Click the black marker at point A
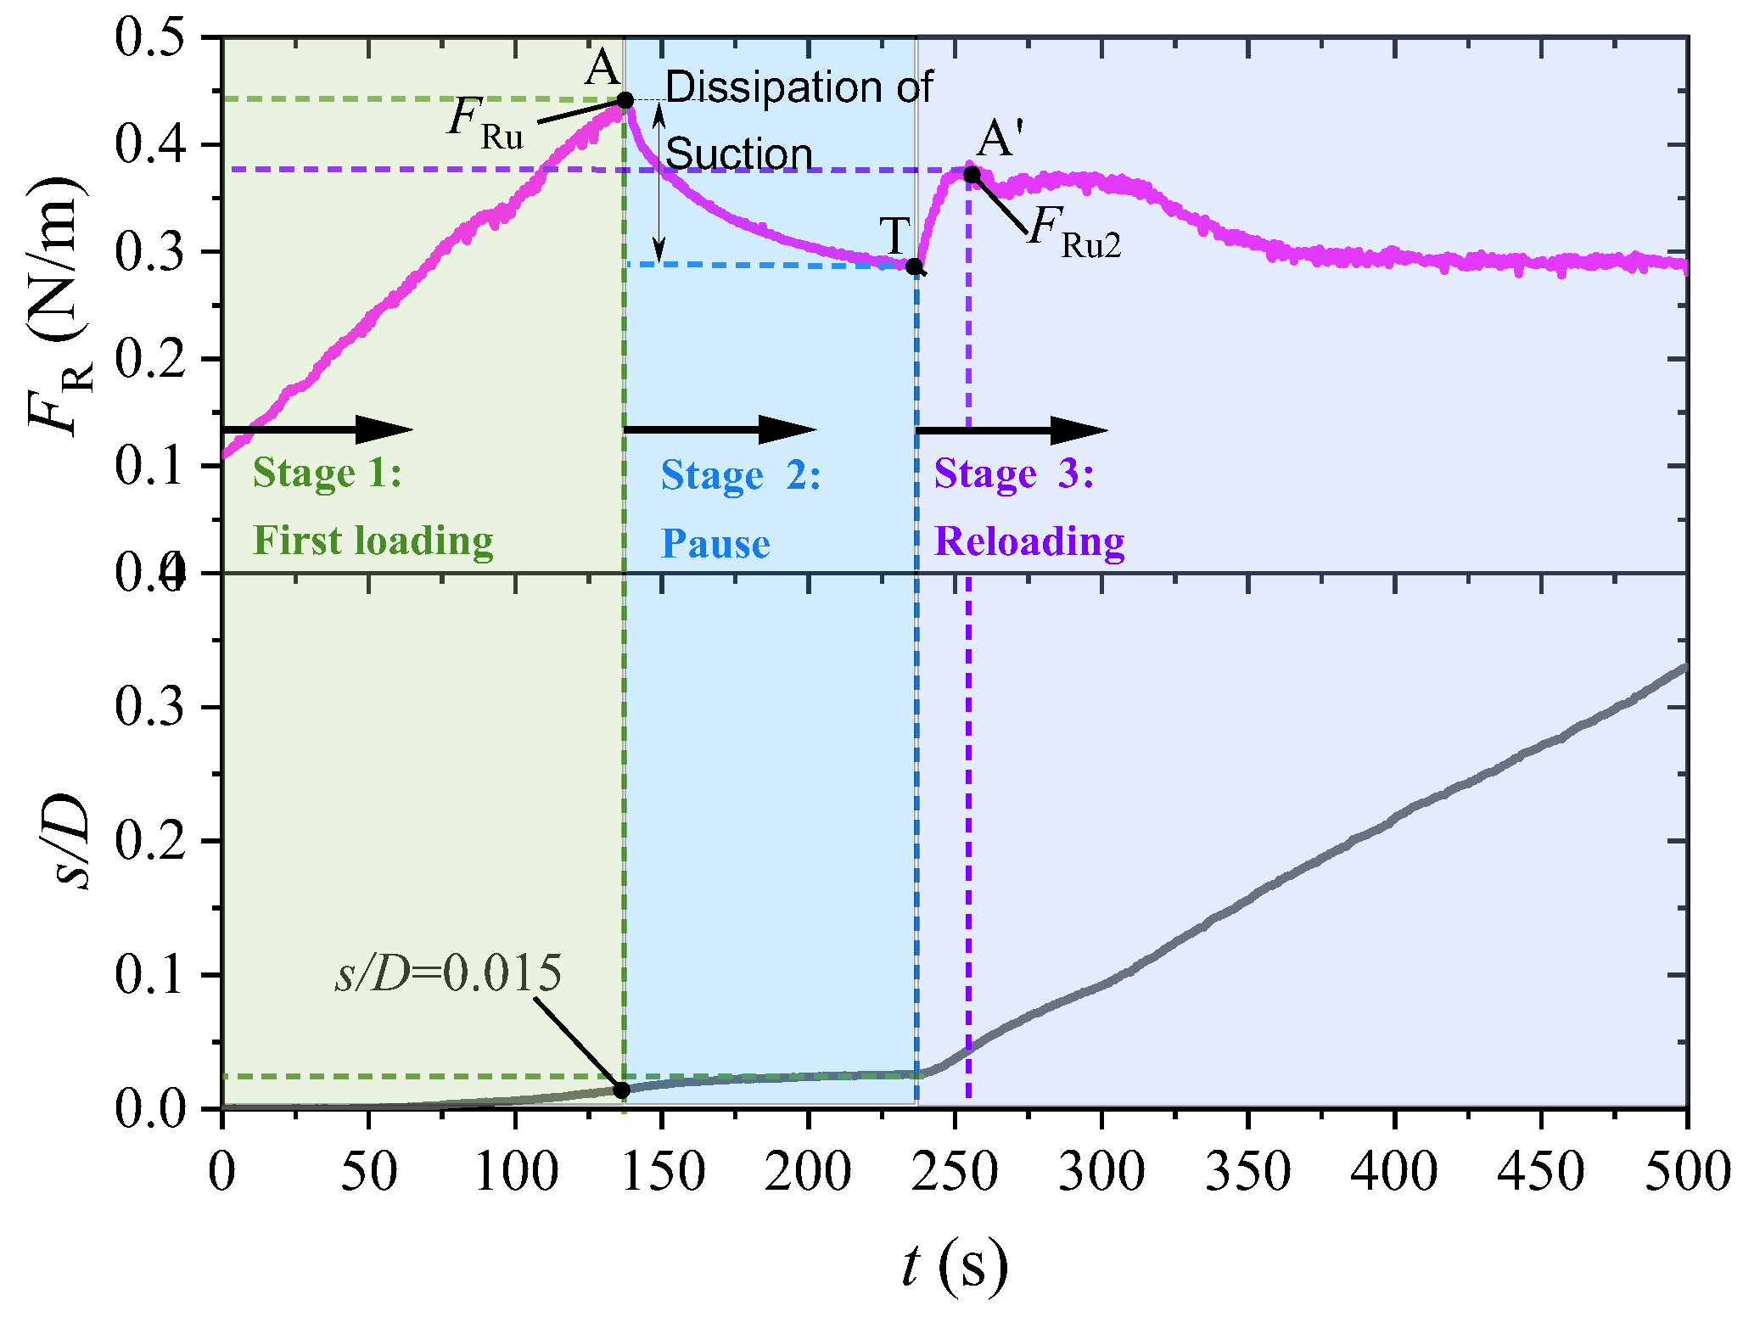pos(625,101)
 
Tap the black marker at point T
pos(914,266)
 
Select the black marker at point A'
pos(972,175)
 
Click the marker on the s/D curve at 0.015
pos(622,1090)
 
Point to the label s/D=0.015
pos(448,973)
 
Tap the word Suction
pos(738,154)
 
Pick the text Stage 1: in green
pos(327,473)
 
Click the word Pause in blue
pos(715,543)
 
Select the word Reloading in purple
pos(1029,541)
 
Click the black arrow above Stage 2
pos(720,429)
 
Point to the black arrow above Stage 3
pos(1012,429)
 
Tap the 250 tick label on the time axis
pos(956,1172)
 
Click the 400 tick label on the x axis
pos(1394,1172)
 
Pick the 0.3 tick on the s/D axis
pos(150,707)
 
